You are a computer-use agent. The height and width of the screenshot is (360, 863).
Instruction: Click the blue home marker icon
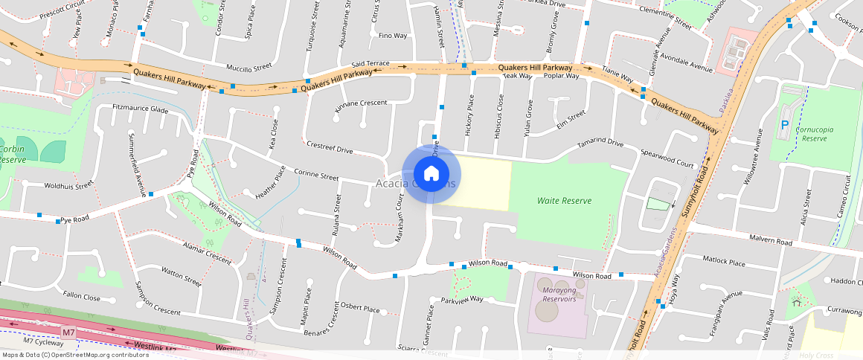tap(431, 174)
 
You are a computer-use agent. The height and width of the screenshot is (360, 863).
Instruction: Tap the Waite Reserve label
tap(564, 201)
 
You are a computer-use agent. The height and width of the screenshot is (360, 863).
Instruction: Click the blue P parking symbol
tap(785, 126)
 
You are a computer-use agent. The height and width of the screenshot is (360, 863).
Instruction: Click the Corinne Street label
tap(316, 176)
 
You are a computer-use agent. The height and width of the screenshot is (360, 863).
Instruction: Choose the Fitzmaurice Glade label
tap(140, 109)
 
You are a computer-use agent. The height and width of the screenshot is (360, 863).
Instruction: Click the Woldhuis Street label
tap(68, 184)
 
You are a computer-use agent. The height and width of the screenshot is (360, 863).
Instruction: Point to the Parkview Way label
tap(462, 300)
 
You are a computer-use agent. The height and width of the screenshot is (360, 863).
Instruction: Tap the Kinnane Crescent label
tap(360, 103)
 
